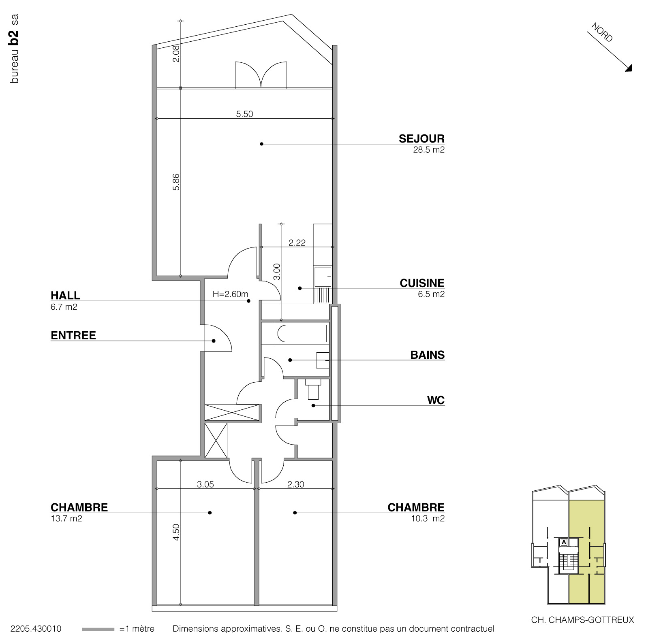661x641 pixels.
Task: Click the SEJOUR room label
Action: [x=421, y=138]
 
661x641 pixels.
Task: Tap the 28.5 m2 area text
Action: [x=428, y=150]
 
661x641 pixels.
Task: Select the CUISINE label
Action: [x=422, y=283]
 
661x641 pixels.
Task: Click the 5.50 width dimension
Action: [x=244, y=114]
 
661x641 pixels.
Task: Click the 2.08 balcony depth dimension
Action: [x=176, y=53]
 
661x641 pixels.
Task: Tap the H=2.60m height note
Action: [x=230, y=294]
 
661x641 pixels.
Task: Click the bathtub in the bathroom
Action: [x=302, y=334]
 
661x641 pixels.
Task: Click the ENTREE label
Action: [x=73, y=335]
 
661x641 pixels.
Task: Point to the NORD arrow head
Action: [x=629, y=69]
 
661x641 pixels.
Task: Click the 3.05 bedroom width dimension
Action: [x=205, y=484]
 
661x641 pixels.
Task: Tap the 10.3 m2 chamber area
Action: [x=428, y=519]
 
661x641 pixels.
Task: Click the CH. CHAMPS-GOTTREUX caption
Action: [x=582, y=620]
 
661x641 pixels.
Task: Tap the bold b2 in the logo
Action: [x=15, y=37]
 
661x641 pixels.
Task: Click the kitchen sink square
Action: [x=323, y=276]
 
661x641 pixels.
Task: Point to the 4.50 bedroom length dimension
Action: [x=176, y=532]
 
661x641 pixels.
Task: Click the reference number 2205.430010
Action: [x=36, y=629]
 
